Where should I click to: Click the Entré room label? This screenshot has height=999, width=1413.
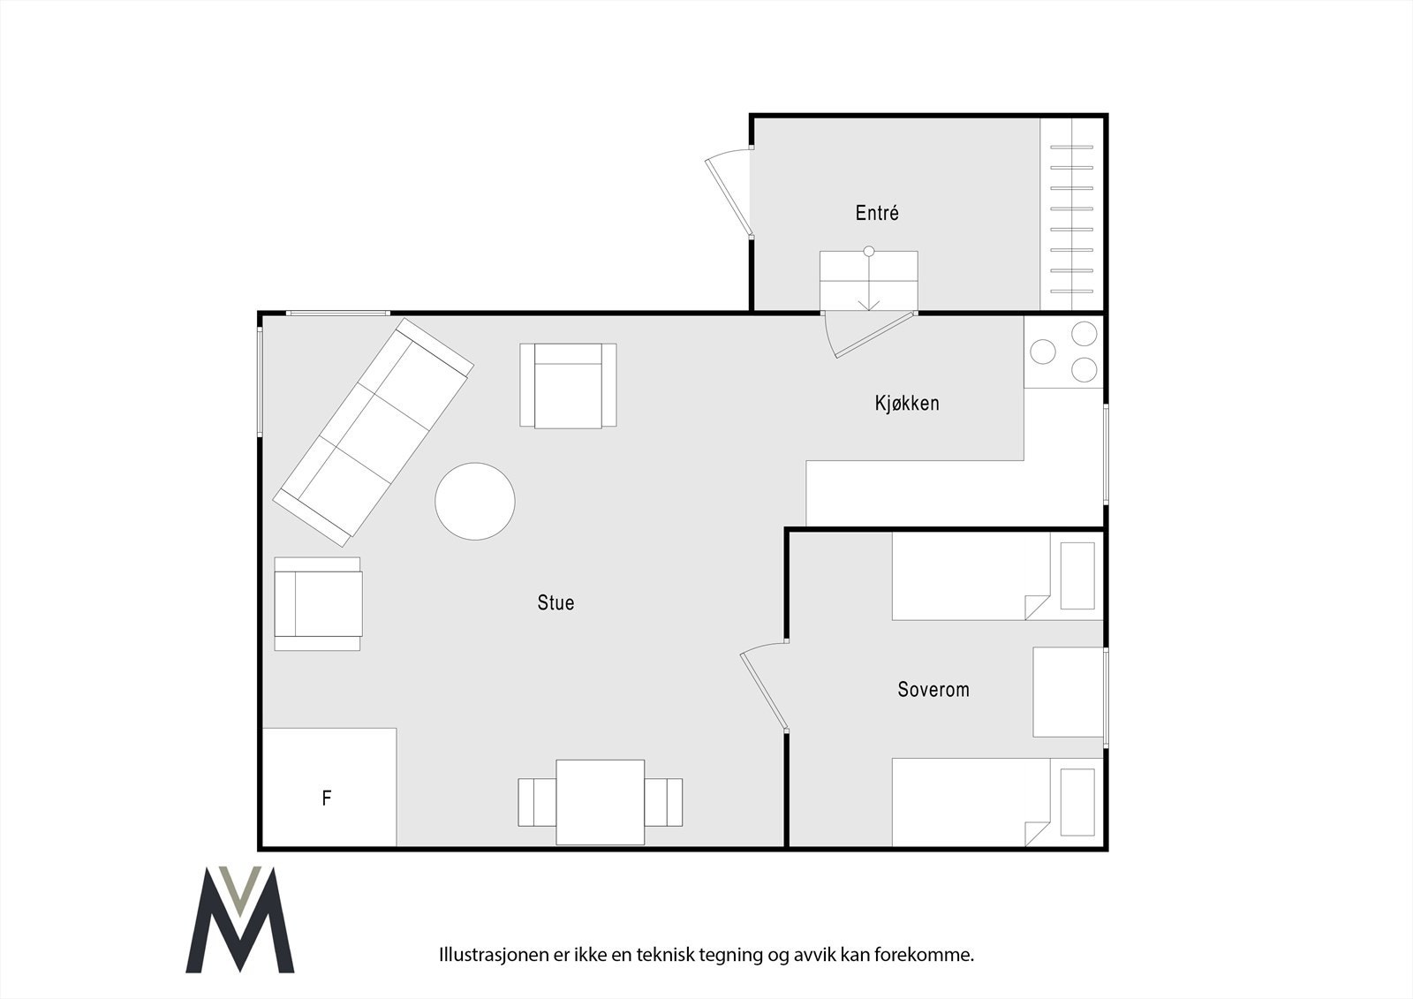tap(876, 213)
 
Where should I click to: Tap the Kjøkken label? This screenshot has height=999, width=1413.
tap(906, 404)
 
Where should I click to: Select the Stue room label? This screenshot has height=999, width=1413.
tap(555, 602)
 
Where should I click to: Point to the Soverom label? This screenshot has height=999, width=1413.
tap(933, 689)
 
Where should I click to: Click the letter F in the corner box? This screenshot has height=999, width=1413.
tap(327, 798)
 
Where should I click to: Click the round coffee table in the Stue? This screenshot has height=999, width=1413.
tap(475, 501)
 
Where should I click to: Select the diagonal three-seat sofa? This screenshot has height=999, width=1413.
tap(374, 431)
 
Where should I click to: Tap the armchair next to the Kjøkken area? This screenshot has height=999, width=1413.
tap(568, 386)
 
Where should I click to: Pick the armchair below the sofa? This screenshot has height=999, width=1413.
tap(318, 603)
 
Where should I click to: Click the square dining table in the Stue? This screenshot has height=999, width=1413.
tap(600, 801)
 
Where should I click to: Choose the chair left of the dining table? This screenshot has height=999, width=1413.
tap(536, 802)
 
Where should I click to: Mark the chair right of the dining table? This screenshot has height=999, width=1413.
tap(663, 802)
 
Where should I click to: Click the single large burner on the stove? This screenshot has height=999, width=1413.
tap(1043, 352)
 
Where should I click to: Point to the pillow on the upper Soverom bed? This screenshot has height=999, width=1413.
tap(1077, 576)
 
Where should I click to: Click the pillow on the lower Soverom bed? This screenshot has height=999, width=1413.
tap(1077, 802)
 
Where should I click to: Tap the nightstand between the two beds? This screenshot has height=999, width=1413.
tap(1068, 692)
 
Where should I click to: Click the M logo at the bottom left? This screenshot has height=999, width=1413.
tap(239, 920)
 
